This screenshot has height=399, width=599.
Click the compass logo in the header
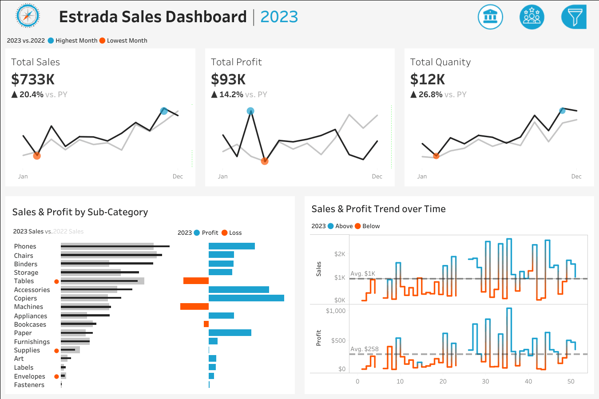[x=28, y=16]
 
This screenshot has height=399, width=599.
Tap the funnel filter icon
[x=574, y=17]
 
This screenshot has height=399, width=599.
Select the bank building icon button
[x=490, y=17]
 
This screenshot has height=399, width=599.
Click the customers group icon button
[x=532, y=17]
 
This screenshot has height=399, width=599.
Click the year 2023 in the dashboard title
[x=279, y=17]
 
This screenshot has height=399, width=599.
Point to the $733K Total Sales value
[x=33, y=79]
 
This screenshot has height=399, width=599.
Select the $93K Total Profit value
[x=228, y=79]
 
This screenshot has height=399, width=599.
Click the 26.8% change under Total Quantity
[x=430, y=95]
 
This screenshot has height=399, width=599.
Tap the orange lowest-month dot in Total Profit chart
[x=265, y=161]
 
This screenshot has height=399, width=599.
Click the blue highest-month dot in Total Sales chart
[x=164, y=111]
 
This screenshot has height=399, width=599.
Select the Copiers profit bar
[x=246, y=298]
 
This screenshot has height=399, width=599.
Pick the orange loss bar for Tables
[x=196, y=281]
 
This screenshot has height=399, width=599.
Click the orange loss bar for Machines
[x=194, y=307]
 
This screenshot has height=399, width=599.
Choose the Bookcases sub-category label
[x=30, y=324]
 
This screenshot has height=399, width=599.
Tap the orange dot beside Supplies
[x=56, y=351]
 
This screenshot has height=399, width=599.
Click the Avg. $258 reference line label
[x=365, y=349]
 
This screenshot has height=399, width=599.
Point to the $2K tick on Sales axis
[x=339, y=254]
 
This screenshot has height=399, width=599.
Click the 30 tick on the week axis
[x=485, y=381]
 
